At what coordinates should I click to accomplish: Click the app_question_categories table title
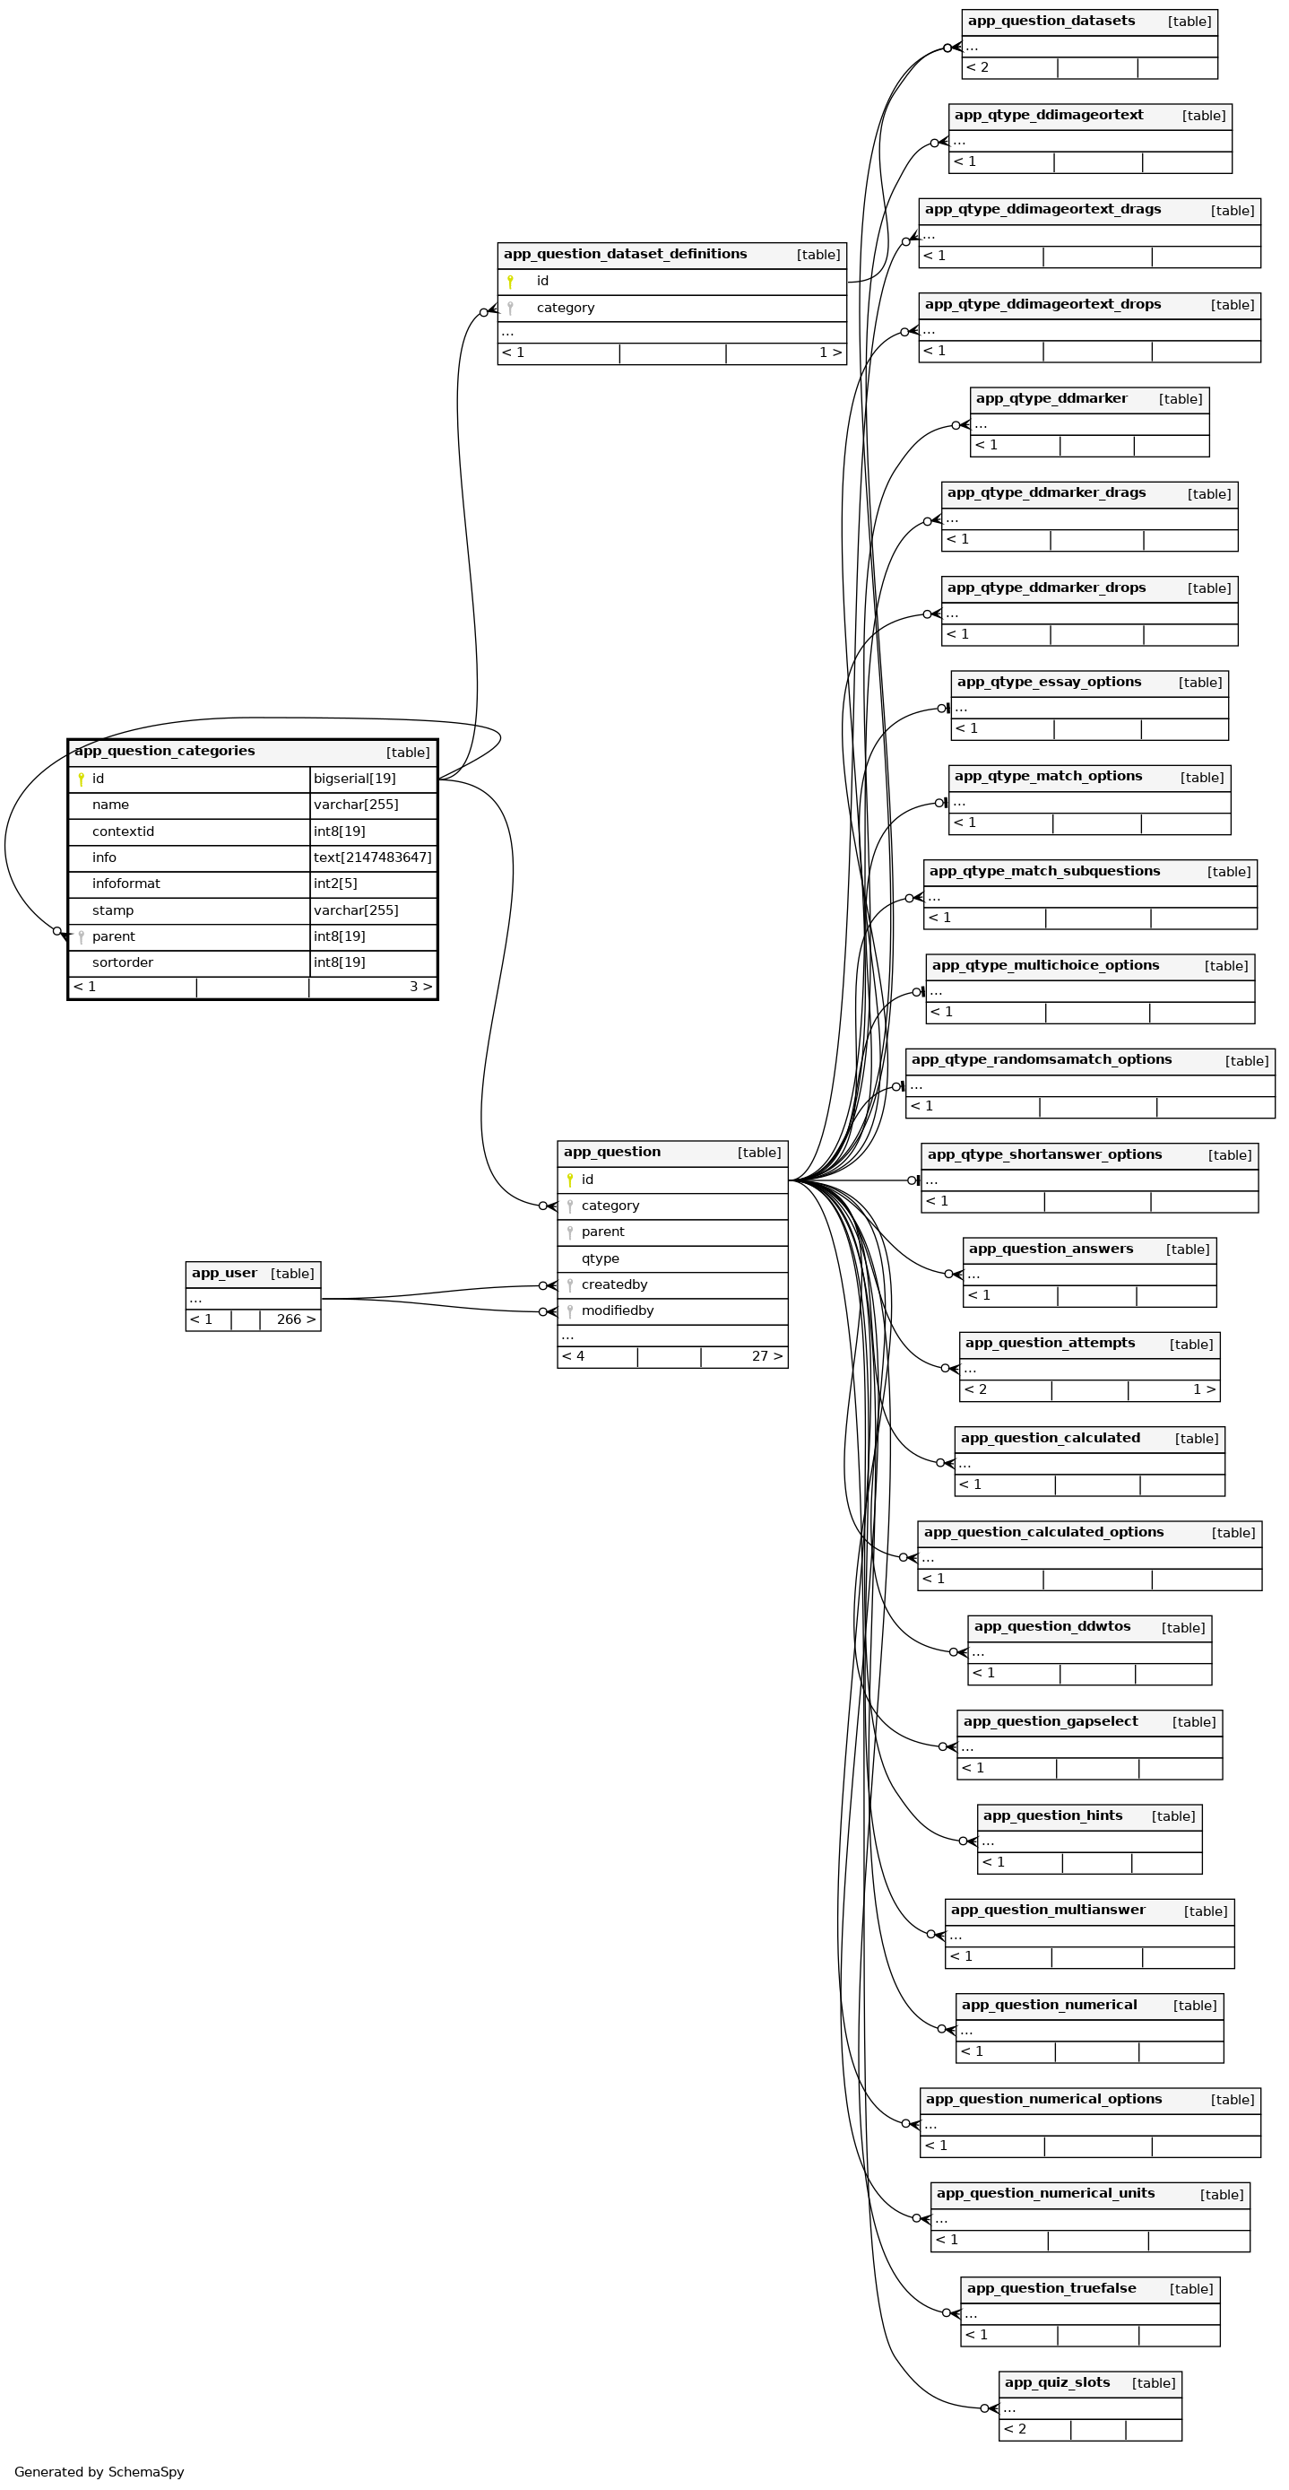164,751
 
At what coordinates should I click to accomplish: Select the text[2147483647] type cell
372,858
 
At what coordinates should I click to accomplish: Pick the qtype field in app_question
600,1258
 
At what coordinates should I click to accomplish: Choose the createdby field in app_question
615,1284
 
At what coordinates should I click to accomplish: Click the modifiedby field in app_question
618,1310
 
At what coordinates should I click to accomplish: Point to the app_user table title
224,1273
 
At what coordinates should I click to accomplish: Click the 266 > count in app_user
296,1319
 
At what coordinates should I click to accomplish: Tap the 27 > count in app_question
767,1356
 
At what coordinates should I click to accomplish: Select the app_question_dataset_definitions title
625,254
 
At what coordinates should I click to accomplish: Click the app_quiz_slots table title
1057,2382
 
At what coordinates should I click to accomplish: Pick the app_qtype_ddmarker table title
1051,398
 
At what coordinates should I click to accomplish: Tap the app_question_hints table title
1052,1815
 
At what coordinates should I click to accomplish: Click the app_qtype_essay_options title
1049,682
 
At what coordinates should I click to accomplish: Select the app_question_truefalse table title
1051,2288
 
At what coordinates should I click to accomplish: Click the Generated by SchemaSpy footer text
99,2472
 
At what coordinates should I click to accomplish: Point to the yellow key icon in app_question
570,1180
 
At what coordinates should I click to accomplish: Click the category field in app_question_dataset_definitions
566,308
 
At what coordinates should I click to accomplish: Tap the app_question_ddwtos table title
1051,1626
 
